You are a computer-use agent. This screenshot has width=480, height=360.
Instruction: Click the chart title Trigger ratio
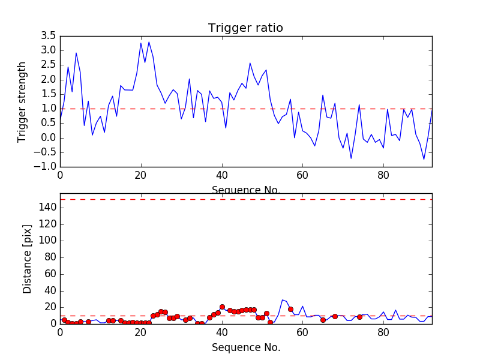tap(245, 28)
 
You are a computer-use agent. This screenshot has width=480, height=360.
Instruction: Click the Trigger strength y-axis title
tap(22, 101)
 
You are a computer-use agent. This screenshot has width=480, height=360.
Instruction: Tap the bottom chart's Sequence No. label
tap(245, 347)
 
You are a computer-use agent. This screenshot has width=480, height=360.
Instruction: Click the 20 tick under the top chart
tap(141, 176)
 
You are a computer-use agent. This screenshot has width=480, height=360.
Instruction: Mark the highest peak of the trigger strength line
tap(149, 42)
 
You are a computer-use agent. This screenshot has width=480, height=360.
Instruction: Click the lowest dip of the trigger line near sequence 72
tap(351, 158)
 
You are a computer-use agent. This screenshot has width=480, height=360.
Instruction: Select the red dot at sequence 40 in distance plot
tap(222, 307)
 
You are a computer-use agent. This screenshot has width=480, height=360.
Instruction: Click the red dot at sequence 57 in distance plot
tap(290, 309)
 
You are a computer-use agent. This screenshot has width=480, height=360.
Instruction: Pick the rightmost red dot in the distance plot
tap(359, 317)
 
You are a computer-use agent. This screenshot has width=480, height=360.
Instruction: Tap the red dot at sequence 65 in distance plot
tap(323, 320)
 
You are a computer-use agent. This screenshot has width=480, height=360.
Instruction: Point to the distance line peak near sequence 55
tap(283, 299)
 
